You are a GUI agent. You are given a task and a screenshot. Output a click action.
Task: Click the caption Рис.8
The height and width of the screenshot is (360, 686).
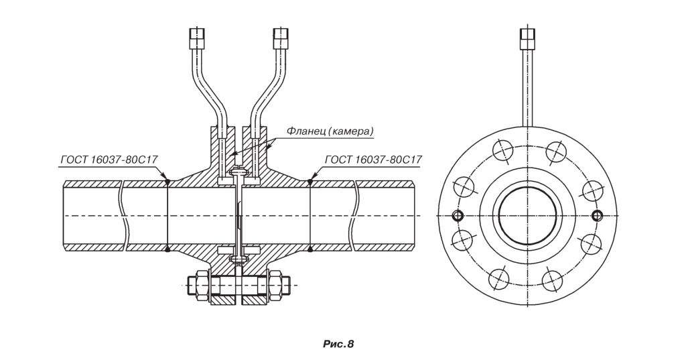(338, 344)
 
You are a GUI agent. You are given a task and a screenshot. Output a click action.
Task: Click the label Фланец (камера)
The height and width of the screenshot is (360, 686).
(330, 131)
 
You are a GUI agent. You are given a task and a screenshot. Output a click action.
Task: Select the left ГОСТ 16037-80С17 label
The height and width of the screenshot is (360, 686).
(109, 160)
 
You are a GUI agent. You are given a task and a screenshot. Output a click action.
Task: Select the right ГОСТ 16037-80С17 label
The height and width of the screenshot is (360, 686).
(373, 160)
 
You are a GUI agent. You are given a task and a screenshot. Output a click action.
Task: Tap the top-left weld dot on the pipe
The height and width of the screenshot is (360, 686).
(167, 180)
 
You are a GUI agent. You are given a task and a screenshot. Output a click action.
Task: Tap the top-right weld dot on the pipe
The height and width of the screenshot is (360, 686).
(310, 180)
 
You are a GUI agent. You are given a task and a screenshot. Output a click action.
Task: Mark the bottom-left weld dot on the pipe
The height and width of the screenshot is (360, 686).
(167, 250)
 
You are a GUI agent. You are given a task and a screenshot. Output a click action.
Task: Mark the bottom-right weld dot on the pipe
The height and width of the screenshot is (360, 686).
(310, 250)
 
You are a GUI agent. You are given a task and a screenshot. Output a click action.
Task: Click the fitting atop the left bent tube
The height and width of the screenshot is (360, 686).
(198, 38)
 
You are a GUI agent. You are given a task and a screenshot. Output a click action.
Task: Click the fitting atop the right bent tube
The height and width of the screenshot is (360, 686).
(281, 38)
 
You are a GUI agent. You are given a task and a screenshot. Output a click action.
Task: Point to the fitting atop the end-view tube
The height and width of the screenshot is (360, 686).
(528, 38)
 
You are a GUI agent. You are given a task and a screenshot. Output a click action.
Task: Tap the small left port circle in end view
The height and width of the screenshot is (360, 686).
(458, 215)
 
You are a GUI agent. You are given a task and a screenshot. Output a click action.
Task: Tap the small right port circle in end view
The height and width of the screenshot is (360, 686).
(596, 215)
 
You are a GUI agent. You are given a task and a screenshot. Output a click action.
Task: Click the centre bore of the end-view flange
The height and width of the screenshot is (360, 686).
(528, 215)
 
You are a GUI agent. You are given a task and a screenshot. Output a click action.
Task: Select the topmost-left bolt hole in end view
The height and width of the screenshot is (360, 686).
(502, 150)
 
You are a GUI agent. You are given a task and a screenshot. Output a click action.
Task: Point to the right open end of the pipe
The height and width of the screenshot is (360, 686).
(413, 216)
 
